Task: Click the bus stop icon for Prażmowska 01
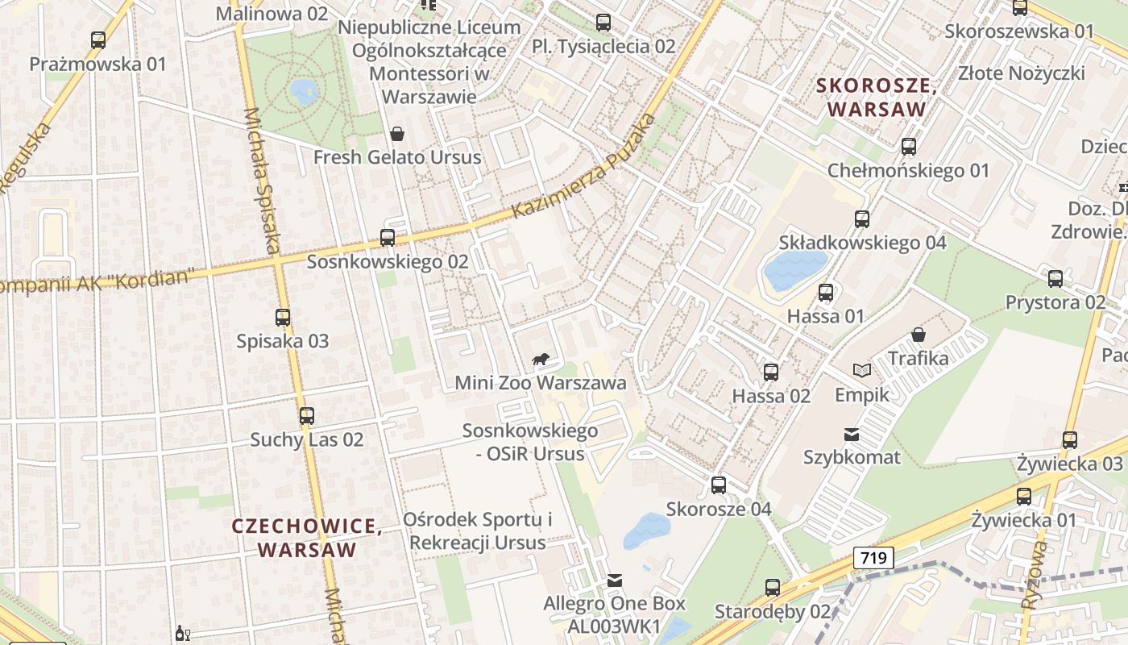click(x=98, y=40)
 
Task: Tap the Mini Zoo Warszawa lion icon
click(x=541, y=359)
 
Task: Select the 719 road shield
click(x=873, y=557)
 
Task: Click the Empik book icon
click(x=862, y=370)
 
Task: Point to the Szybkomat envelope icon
click(x=852, y=435)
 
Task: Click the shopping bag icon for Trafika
click(x=918, y=334)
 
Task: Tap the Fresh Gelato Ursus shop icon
click(x=396, y=133)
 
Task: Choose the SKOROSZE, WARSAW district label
click(x=877, y=97)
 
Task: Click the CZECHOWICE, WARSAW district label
click(x=307, y=538)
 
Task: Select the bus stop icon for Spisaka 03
click(x=283, y=318)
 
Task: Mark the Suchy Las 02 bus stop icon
click(x=307, y=416)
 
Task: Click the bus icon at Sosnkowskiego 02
click(x=388, y=238)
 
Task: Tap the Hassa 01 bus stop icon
click(x=826, y=293)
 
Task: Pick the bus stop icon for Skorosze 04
click(x=719, y=485)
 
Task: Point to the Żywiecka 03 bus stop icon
click(x=1070, y=440)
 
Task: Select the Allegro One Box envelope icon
click(x=615, y=580)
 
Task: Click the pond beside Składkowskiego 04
click(x=794, y=270)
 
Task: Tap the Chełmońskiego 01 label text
click(x=908, y=171)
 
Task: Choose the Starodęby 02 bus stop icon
click(x=773, y=588)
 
